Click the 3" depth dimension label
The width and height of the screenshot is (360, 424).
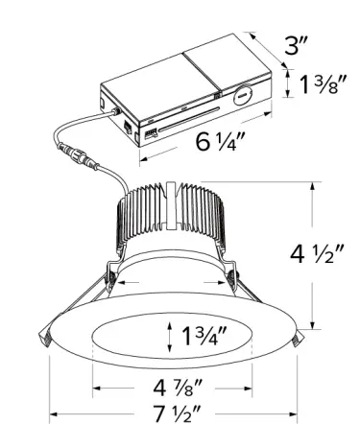[x=295, y=45]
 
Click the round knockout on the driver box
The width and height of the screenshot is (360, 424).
[x=242, y=96]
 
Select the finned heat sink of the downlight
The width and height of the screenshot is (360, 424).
[x=173, y=216]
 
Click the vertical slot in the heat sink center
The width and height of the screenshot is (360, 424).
[x=173, y=206]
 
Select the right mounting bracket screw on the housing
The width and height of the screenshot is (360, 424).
[x=231, y=281]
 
